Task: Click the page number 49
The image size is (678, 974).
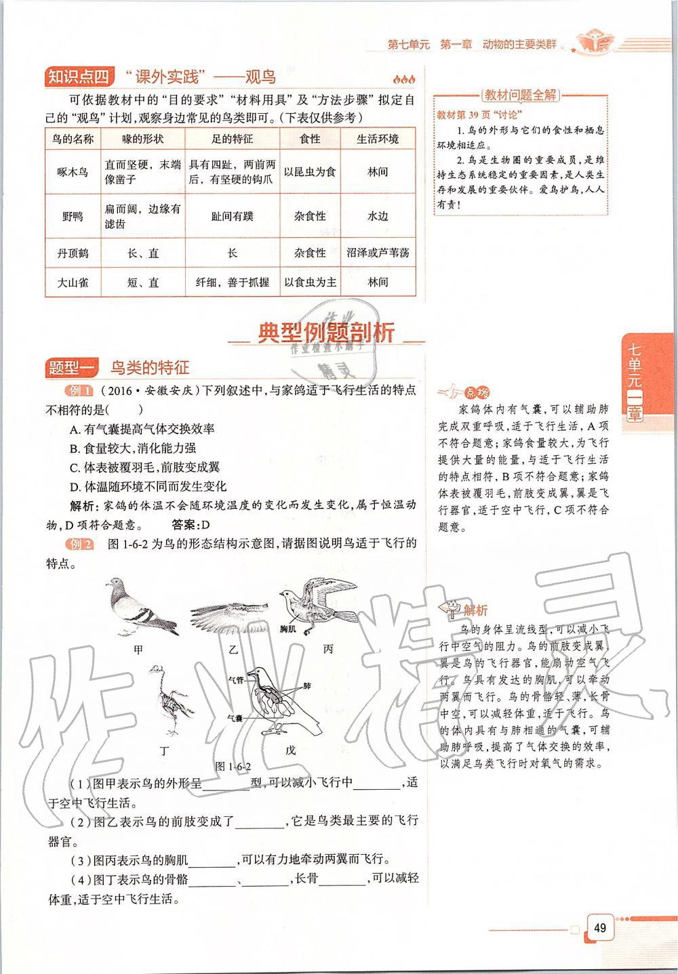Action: (599, 928)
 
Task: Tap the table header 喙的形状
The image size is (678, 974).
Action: (143, 139)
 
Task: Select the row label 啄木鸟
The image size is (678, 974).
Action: (73, 172)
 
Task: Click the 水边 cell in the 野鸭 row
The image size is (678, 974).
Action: (378, 216)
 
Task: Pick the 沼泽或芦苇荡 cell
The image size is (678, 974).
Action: (378, 253)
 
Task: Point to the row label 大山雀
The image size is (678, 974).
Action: (73, 282)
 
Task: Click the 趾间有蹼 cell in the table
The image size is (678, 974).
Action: (232, 216)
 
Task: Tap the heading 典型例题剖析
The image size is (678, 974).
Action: (326, 334)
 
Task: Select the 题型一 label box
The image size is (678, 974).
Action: (73, 368)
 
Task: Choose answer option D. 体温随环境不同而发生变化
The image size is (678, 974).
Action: (148, 486)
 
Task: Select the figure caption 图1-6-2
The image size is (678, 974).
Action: (233, 767)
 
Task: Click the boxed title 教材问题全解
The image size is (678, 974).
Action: (520, 95)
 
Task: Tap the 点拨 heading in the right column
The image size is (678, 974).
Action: (477, 392)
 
